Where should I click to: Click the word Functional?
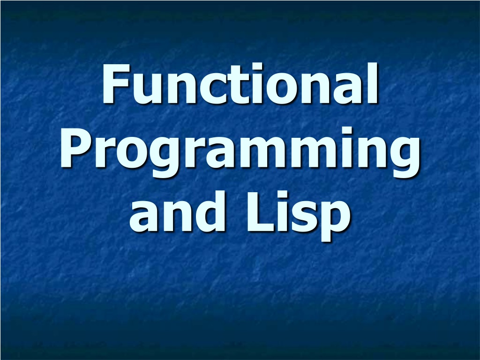coord(240,83)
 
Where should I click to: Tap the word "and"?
coord(177,211)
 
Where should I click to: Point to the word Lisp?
coord(298,216)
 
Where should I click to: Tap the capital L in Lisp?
coord(260,211)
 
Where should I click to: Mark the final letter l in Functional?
coord(373,83)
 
